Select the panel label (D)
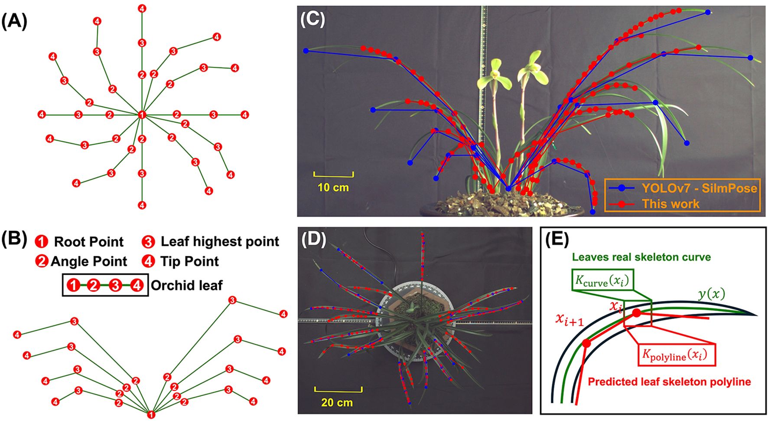(x=313, y=240)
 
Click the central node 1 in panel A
(x=142, y=115)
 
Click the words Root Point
(x=88, y=242)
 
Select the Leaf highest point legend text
(x=219, y=242)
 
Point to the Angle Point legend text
(x=89, y=261)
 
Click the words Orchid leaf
(x=186, y=285)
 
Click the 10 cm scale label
(x=333, y=188)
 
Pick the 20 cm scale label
(x=337, y=403)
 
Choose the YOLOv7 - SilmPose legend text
(x=699, y=188)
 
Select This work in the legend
(x=670, y=204)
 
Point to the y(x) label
(x=711, y=294)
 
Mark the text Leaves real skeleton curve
(x=641, y=257)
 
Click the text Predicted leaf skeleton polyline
(x=669, y=382)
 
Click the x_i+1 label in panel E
(x=569, y=320)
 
